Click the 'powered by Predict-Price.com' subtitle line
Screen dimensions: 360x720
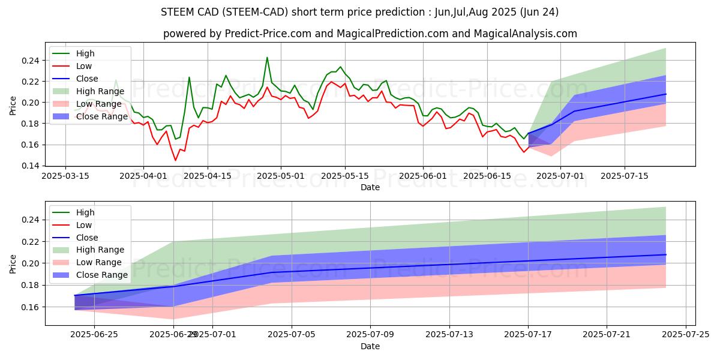(370, 34)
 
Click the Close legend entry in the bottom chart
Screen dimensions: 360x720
(88, 238)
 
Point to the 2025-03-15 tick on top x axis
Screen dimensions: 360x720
(65, 176)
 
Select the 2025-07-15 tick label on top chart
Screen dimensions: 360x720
(625, 176)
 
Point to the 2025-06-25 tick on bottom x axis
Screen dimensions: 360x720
(94, 335)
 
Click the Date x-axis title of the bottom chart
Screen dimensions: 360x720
(370, 346)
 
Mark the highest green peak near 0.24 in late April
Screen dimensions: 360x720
(267, 58)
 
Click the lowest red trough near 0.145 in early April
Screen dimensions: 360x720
(175, 160)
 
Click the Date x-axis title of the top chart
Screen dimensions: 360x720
(370, 187)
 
